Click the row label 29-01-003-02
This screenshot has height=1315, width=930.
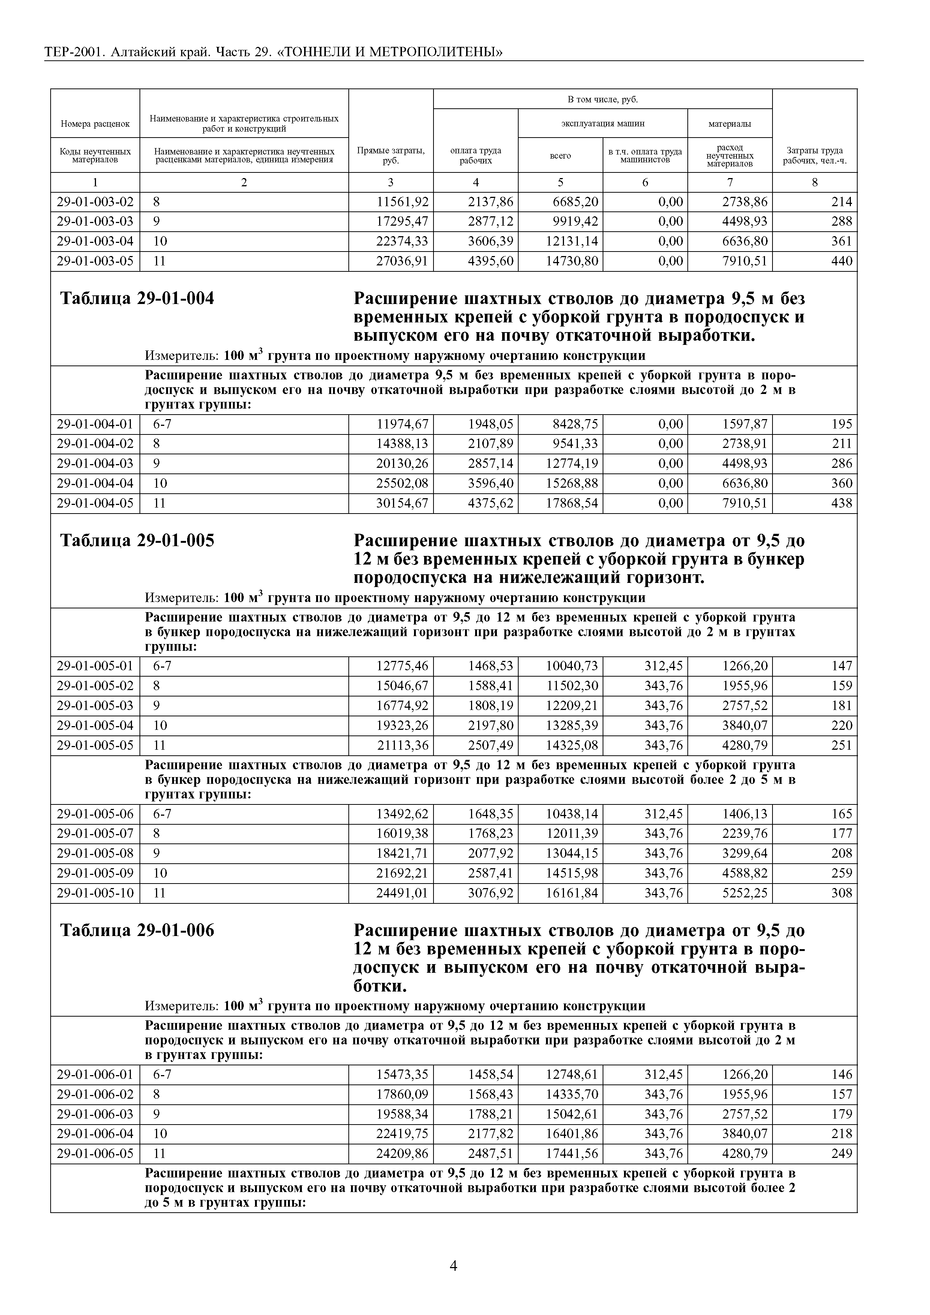pos(95,202)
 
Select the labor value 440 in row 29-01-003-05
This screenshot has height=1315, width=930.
pos(841,261)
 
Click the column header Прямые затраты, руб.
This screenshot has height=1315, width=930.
pos(391,155)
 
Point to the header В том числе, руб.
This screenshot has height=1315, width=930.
pos(602,100)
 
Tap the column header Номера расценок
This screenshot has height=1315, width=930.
pos(95,124)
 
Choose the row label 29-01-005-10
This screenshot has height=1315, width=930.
pos(95,893)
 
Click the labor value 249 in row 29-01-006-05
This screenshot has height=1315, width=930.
pos(841,1153)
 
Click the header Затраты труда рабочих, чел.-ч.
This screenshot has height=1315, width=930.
pos(814,155)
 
